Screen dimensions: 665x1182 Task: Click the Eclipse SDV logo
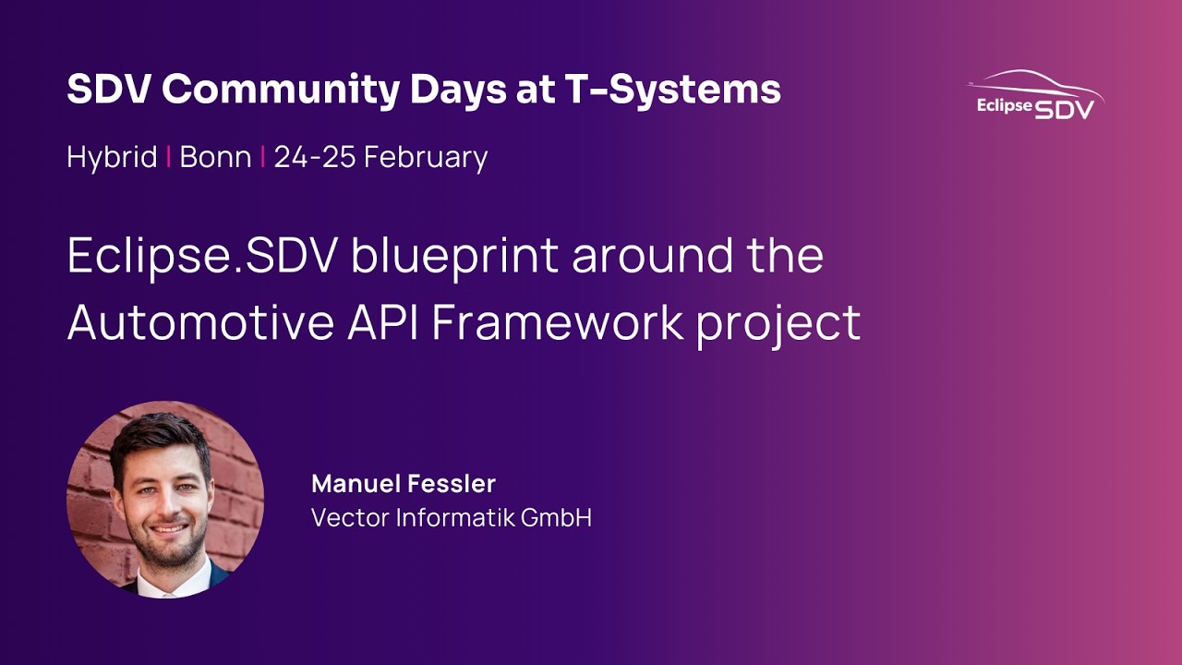pos(1035,96)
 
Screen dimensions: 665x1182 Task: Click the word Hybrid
pos(112,157)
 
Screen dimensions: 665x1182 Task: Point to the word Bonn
pos(215,157)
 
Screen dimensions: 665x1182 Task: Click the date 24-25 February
pos(380,157)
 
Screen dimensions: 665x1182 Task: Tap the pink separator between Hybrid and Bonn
pos(168,157)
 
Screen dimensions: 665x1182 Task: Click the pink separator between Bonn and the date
pos(262,157)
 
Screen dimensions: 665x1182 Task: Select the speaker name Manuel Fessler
pos(404,483)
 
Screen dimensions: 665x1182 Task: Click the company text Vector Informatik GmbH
pos(452,517)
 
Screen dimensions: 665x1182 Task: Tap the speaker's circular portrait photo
pos(165,500)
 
